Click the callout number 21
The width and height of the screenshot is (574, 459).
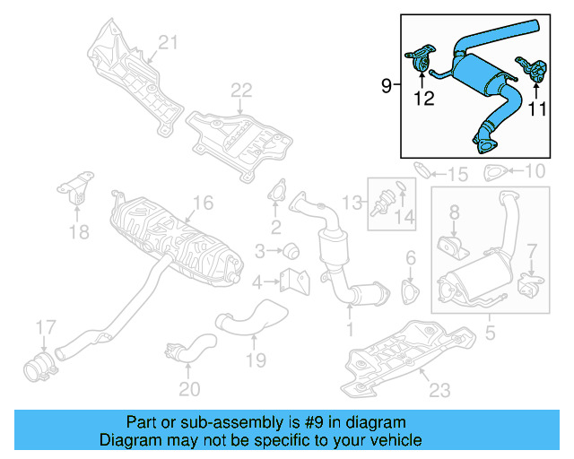[x=170, y=42]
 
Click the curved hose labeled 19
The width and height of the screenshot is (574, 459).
[x=251, y=318]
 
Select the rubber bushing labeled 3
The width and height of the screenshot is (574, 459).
[x=291, y=249]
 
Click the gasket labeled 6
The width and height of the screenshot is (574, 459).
[x=411, y=292]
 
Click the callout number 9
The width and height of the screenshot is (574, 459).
[x=386, y=86]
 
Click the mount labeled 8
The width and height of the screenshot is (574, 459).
[x=451, y=243]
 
